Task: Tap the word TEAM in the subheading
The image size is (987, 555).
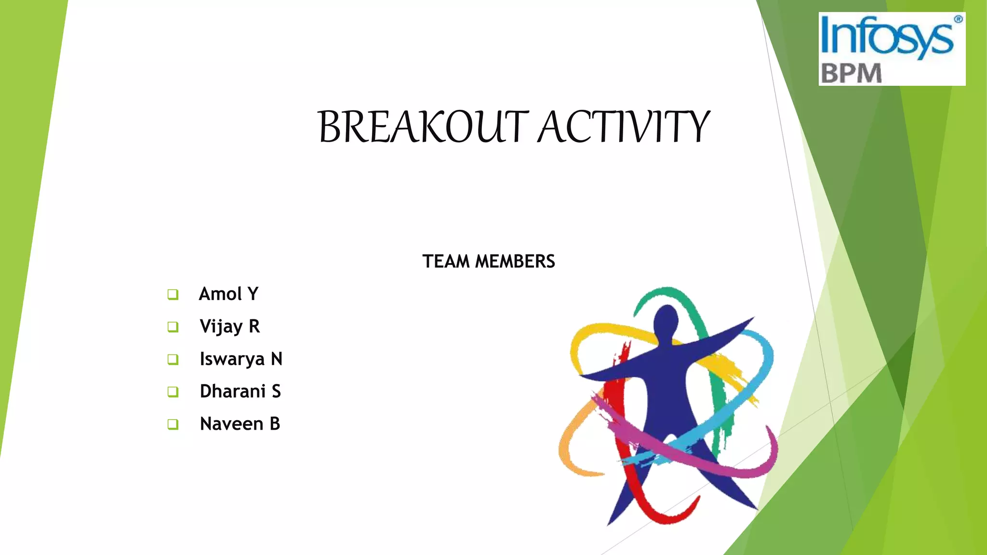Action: [x=446, y=262]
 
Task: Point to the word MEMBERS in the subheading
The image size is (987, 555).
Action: [x=515, y=262]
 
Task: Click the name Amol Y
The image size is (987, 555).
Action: [x=228, y=294]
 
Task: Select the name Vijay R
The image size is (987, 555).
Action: [x=230, y=327]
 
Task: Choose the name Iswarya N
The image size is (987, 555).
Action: [x=241, y=359]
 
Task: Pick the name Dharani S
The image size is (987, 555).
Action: [x=240, y=391]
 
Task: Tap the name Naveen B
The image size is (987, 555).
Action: [x=240, y=424]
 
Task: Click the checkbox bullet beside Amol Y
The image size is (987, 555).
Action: [x=173, y=294]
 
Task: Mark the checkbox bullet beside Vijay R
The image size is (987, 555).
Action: [x=173, y=327]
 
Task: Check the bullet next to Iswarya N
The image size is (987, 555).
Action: [x=173, y=359]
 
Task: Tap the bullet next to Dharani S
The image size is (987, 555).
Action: [x=173, y=392]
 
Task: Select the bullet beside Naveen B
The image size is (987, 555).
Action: [x=173, y=424]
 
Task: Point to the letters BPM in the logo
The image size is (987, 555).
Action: [x=851, y=74]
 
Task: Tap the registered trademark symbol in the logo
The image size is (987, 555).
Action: [x=958, y=19]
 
